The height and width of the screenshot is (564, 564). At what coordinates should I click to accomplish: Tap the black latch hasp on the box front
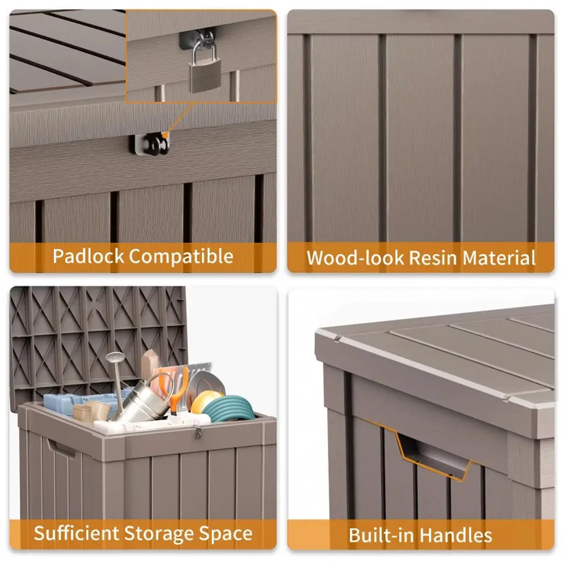[x=149, y=144]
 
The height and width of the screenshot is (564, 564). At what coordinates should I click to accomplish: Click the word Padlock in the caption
[x=89, y=256]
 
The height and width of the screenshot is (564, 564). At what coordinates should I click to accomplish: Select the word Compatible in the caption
[x=181, y=257]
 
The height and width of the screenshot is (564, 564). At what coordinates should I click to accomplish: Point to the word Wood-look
[x=356, y=258]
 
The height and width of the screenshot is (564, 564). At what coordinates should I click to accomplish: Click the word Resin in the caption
[x=433, y=258]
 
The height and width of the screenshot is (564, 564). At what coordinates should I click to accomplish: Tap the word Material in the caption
[x=499, y=258]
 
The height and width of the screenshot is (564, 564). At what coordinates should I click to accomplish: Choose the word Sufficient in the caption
[x=76, y=533]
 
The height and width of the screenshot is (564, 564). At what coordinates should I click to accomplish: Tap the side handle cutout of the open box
[x=61, y=448]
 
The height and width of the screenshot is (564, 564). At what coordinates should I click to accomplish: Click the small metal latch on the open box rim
[x=198, y=432]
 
